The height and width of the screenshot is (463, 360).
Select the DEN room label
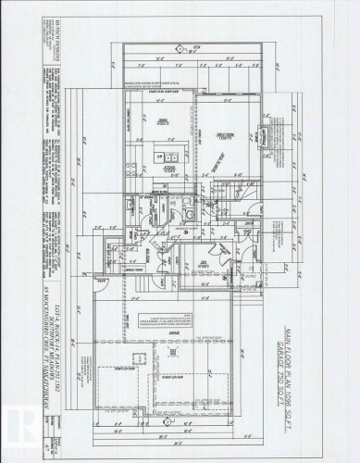[x=218, y=262]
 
